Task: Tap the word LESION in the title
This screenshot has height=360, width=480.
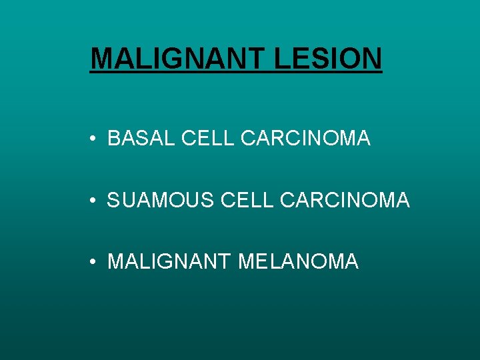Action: (x=328, y=58)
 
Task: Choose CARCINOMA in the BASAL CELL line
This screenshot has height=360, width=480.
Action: (x=305, y=138)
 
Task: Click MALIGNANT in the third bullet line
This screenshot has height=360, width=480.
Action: (x=169, y=261)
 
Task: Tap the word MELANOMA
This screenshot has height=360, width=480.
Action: (x=298, y=261)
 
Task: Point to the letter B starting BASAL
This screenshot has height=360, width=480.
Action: (x=113, y=138)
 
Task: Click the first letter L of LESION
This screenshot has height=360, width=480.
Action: (x=281, y=58)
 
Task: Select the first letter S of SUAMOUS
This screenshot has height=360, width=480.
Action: (x=113, y=199)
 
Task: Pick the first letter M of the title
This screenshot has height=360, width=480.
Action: (x=101, y=58)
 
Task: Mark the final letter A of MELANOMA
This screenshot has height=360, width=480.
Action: (x=351, y=261)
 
